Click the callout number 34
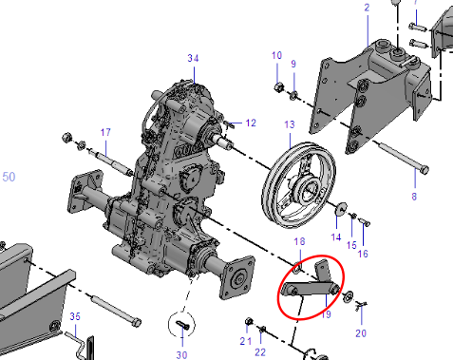(193, 58)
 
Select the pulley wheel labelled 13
(299, 185)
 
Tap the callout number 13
(290, 124)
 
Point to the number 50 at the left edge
(9, 177)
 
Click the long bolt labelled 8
(402, 158)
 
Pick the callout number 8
(414, 197)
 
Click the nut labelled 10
(278, 87)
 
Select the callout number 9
(293, 64)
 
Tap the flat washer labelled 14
(341, 209)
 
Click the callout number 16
(363, 254)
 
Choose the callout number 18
(299, 241)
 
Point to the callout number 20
(361, 333)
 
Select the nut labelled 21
(249, 322)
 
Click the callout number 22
(260, 352)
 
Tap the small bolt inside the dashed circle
(182, 325)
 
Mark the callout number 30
(181, 355)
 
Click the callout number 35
(75, 316)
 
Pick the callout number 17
(105, 132)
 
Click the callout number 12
(251, 123)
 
